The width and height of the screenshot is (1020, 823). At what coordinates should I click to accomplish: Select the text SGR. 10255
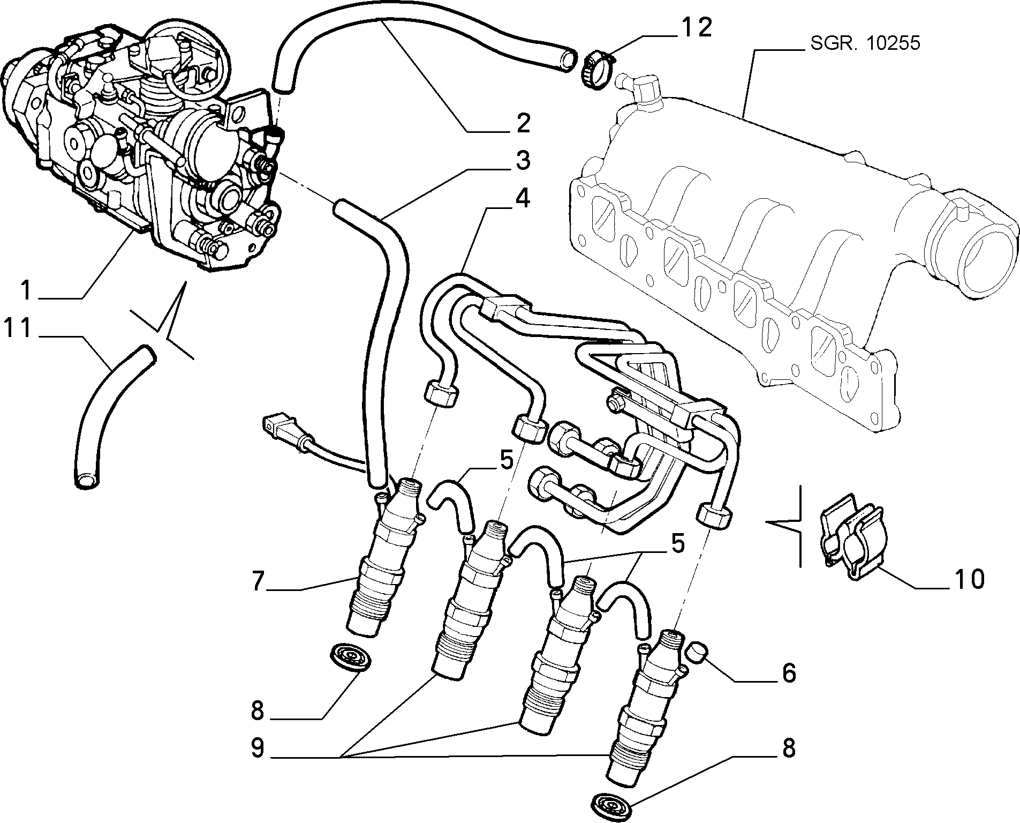(865, 43)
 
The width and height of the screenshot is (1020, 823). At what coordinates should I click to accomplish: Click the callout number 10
(969, 579)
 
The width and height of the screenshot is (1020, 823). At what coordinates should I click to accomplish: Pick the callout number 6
(789, 673)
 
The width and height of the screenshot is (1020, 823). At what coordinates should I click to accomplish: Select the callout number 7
(258, 581)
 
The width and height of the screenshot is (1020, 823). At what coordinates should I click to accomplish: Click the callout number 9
(258, 748)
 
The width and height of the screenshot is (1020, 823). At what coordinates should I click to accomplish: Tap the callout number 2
(520, 123)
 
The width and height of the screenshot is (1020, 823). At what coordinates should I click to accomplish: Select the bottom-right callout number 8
(788, 749)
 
